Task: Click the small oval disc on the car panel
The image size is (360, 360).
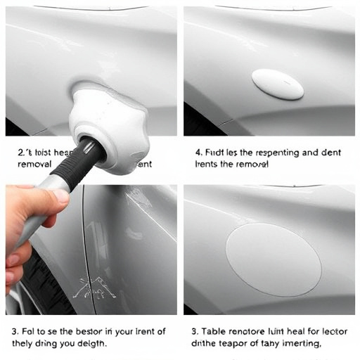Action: point(278,84)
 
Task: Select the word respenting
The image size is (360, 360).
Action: point(276,150)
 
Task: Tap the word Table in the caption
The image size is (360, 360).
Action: point(212,331)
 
